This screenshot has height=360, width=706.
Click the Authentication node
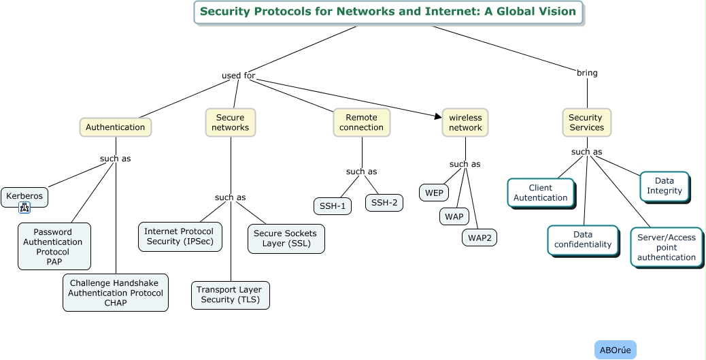(115, 127)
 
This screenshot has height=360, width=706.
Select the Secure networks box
(231, 122)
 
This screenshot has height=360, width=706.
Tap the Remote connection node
(362, 122)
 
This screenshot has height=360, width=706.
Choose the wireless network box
(465, 122)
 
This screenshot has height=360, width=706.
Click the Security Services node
(586, 122)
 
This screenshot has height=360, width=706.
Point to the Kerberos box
(24, 196)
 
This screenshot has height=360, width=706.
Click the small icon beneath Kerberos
(25, 208)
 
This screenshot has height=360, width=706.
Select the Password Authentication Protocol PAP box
(53, 246)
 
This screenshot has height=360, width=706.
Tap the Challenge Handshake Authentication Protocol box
(116, 293)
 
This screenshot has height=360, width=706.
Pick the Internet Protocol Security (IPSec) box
(180, 236)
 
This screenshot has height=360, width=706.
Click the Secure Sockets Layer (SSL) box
(286, 238)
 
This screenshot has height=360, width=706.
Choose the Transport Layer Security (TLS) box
(231, 295)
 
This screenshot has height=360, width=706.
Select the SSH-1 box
(333, 206)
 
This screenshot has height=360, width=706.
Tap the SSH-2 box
(384, 202)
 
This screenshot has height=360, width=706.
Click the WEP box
(434, 193)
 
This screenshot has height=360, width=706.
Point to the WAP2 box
(480, 238)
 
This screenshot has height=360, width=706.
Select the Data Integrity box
(665, 186)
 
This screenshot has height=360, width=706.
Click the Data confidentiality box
(583, 240)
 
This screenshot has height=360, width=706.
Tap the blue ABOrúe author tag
(616, 350)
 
